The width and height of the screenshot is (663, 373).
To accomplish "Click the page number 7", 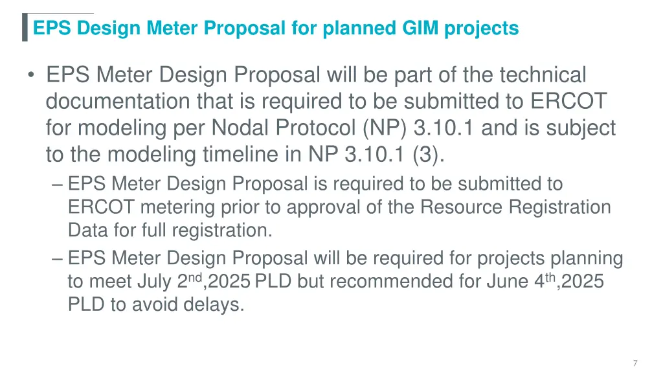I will (x=636, y=363).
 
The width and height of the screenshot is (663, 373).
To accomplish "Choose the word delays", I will (x=213, y=305).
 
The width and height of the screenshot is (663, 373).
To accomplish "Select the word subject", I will (x=579, y=128).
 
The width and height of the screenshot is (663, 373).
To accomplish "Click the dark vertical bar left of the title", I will (x=25, y=27).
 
